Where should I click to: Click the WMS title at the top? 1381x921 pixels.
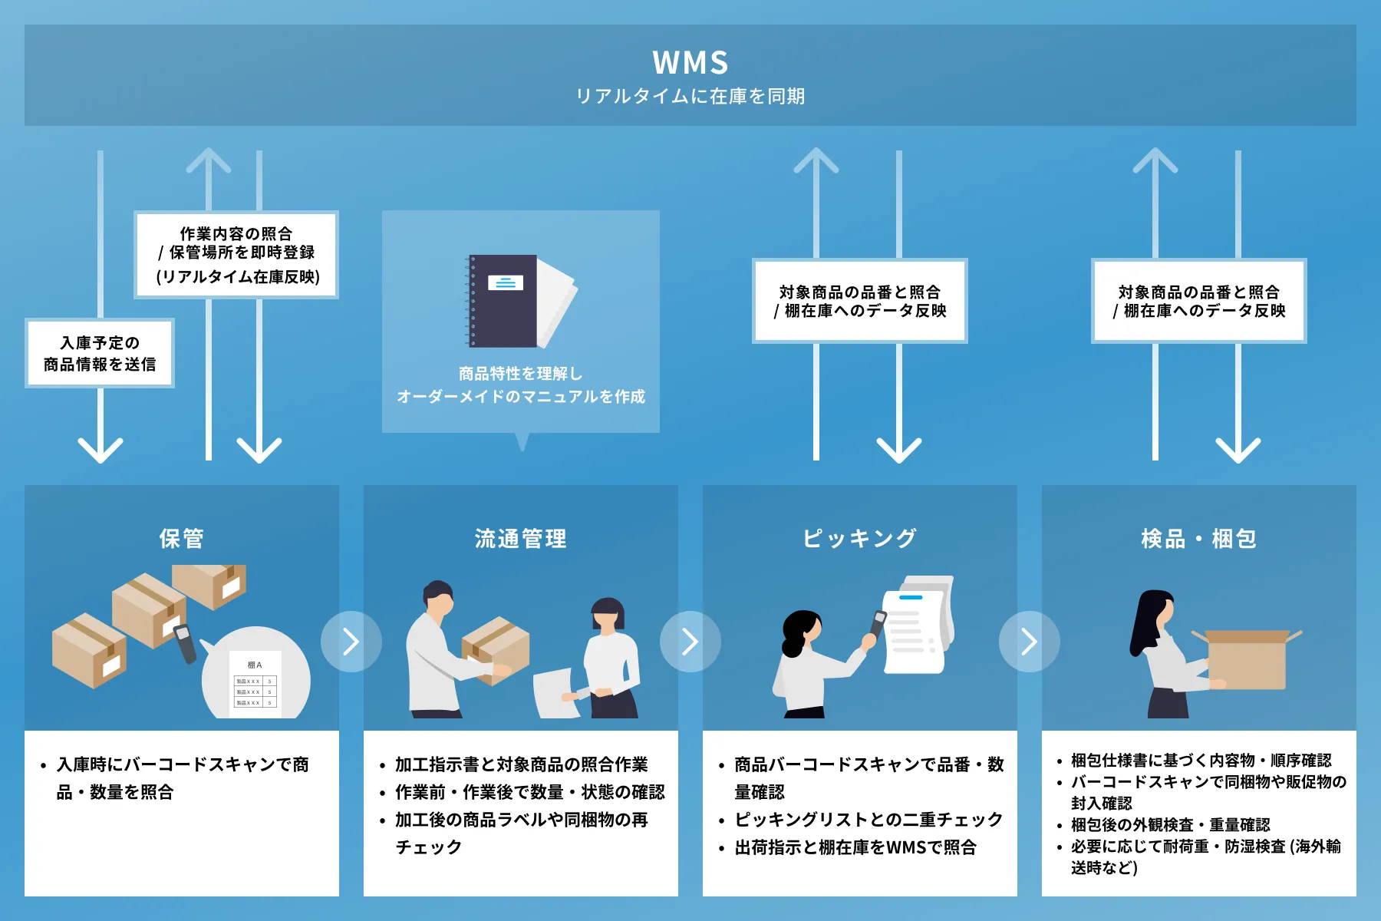click(x=690, y=63)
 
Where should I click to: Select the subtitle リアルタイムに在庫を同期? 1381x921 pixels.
click(x=690, y=97)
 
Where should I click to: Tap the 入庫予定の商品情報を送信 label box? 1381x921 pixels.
click(x=100, y=353)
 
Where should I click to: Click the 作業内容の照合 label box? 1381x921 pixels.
click(x=236, y=255)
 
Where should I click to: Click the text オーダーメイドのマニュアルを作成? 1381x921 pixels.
click(x=521, y=397)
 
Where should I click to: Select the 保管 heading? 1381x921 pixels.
click(x=182, y=539)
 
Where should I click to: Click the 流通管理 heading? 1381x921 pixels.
click(x=521, y=539)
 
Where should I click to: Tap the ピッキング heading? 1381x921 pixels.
click(x=859, y=539)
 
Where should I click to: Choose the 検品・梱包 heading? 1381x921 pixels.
click(x=1198, y=539)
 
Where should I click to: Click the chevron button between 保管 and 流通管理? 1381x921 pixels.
click(x=351, y=642)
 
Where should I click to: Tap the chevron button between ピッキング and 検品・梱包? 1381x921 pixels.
click(x=1030, y=642)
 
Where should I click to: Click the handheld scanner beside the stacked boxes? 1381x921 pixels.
click(x=185, y=643)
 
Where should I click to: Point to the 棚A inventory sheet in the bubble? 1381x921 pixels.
click(x=255, y=685)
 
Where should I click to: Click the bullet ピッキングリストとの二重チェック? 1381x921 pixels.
click(x=868, y=820)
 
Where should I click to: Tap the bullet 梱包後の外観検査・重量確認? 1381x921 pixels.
click(x=1170, y=825)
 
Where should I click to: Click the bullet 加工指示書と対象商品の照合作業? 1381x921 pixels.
click(x=521, y=764)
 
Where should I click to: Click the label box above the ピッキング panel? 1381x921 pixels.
click(x=859, y=301)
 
